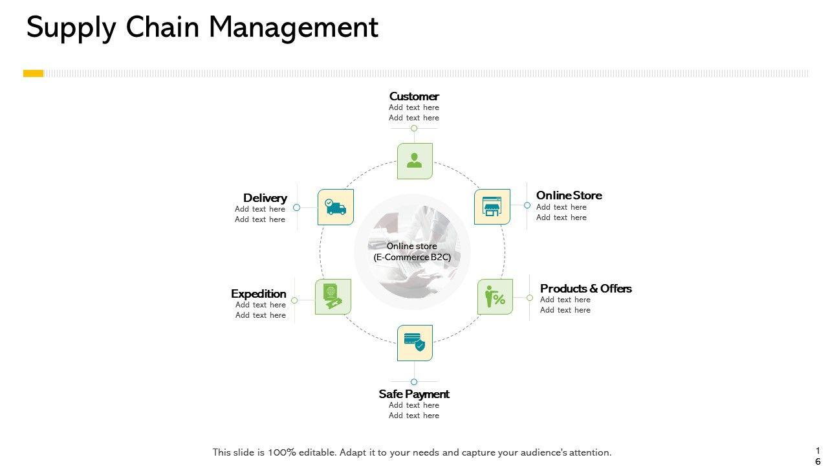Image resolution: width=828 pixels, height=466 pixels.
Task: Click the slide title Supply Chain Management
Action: click(202, 28)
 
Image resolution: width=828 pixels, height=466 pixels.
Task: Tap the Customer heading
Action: click(414, 96)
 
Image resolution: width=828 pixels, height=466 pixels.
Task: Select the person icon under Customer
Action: click(415, 161)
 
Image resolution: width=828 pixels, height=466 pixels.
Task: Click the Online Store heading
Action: click(569, 195)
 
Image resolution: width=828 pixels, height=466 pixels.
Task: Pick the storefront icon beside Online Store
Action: click(492, 207)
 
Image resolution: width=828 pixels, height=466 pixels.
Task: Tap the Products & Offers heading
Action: click(585, 288)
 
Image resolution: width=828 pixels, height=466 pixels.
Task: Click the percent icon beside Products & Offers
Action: click(495, 297)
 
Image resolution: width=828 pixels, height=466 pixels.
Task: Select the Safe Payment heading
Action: click(414, 394)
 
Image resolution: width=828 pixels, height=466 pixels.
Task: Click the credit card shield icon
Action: click(415, 342)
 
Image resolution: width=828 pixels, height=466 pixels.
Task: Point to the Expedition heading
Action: click(258, 293)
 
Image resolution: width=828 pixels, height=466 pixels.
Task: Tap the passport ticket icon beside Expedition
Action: click(332, 297)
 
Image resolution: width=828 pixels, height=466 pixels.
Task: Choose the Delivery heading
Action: click(265, 197)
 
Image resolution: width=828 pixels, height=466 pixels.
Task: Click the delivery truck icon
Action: click(336, 207)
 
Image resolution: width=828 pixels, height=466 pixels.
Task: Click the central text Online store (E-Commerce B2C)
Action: click(412, 251)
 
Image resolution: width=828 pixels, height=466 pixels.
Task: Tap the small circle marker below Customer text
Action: click(414, 128)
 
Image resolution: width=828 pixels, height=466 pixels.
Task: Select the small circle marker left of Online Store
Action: click(527, 205)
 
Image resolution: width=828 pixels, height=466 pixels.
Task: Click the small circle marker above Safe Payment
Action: click(414, 382)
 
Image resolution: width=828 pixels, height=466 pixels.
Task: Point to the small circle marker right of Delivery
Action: click(296, 208)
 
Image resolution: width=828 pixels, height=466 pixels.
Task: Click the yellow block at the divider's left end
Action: click(33, 74)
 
